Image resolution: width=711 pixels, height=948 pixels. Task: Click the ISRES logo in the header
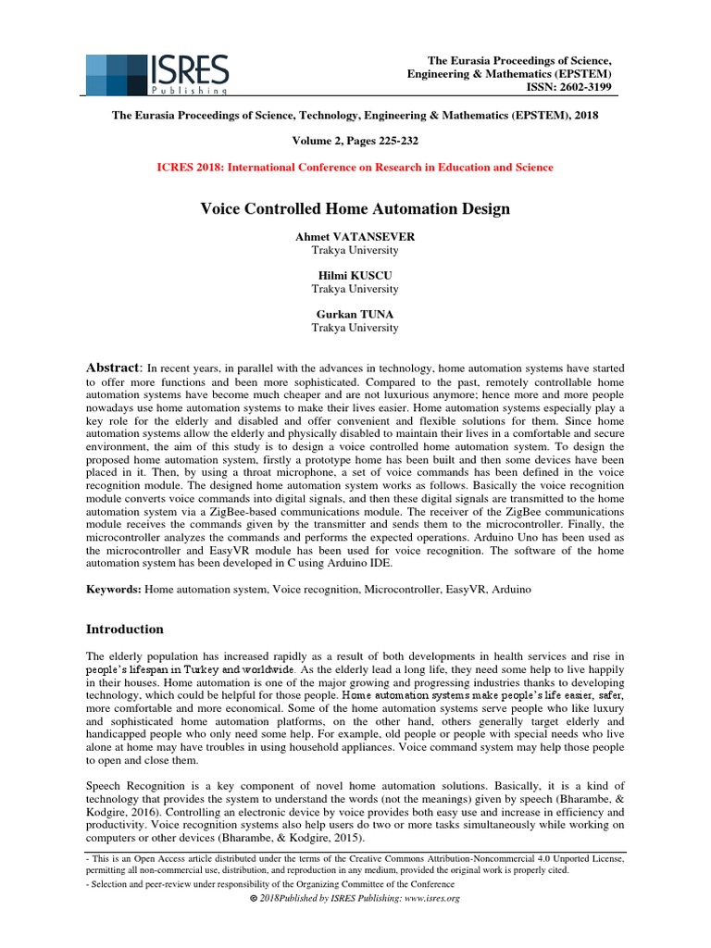(x=157, y=74)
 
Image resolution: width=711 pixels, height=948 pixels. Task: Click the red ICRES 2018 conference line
(x=355, y=168)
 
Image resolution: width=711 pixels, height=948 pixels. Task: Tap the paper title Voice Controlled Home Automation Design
(x=355, y=209)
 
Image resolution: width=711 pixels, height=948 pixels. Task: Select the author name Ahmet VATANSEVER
(x=355, y=237)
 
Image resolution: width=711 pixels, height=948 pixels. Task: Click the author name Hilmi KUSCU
(x=355, y=276)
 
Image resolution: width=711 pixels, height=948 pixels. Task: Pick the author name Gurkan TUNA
(x=355, y=315)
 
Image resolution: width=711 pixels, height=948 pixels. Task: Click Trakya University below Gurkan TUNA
(x=355, y=328)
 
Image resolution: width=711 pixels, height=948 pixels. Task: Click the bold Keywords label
(x=114, y=589)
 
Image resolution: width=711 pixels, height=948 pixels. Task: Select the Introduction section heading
(x=125, y=630)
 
